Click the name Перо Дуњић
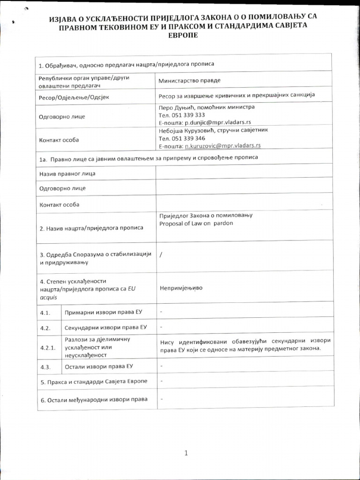[x=176, y=107]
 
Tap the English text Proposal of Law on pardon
[x=196, y=223]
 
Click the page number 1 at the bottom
[x=186, y=453]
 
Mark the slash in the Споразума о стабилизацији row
[x=161, y=255]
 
